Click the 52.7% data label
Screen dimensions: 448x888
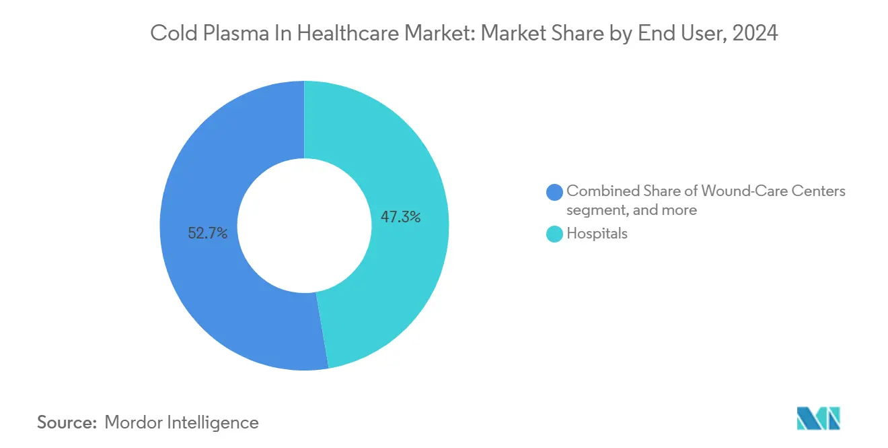click(208, 234)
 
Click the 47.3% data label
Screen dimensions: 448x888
click(400, 217)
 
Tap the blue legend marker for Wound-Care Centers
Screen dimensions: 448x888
click(555, 192)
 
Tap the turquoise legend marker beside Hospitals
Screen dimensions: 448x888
click(555, 234)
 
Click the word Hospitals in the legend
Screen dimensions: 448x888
click(597, 234)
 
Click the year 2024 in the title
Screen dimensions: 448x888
click(756, 33)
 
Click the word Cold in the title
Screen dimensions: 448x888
click(169, 33)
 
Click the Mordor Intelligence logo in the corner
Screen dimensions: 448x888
click(818, 418)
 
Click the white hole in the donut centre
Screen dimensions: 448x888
click(304, 225)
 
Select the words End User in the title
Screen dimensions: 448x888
click(689, 33)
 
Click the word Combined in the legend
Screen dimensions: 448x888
click(600, 191)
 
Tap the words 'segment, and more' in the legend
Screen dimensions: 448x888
click(631, 210)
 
